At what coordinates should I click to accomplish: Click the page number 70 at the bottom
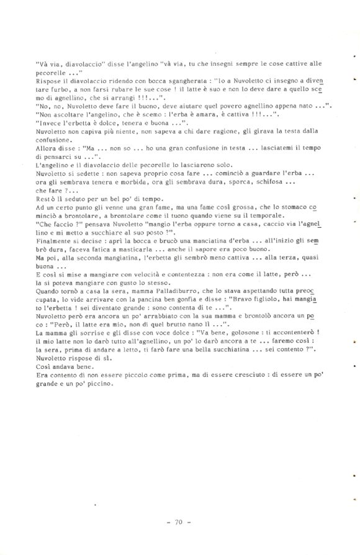point(178,522)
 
